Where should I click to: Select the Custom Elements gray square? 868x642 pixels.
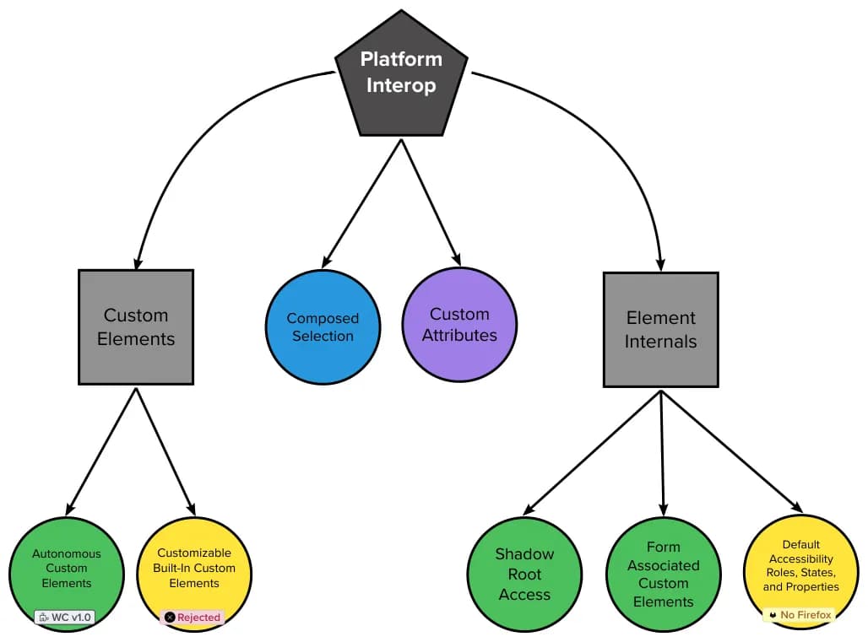136,327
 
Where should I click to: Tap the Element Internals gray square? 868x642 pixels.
661,330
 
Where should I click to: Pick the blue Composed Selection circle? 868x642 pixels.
323,327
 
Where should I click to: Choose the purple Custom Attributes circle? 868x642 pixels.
459,325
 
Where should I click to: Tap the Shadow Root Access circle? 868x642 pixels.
525,574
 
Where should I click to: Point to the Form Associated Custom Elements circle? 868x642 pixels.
664,574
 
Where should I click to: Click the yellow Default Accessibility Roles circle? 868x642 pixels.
800,565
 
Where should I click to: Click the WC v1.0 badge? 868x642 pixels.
65,617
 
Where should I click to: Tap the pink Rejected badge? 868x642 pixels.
193,617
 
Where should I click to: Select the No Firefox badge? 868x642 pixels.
799,615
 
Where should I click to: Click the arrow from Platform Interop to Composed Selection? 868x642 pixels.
361,202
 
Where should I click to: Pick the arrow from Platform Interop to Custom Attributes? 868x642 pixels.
431,202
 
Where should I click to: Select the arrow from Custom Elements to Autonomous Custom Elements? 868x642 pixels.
101,451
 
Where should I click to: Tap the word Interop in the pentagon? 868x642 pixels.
401,85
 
